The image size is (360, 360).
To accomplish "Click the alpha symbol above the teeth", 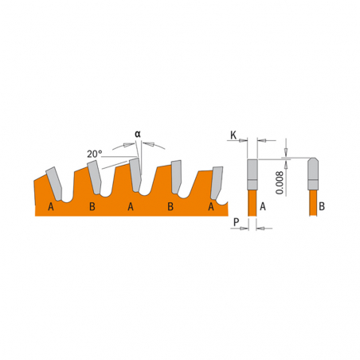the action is (138, 134).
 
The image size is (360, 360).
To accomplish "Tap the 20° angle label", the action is (95, 154).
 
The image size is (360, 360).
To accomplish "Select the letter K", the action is (233, 135).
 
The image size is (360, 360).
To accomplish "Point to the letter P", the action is (237, 222).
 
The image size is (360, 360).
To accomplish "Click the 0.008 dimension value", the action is (280, 182).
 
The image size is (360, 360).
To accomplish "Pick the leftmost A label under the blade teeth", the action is (51, 206).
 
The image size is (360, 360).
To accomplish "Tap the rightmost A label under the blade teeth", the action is (211, 206).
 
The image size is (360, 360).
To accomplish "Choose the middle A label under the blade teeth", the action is (131, 206).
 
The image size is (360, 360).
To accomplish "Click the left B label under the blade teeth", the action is (92, 206).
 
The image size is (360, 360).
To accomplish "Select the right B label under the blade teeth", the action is (170, 206).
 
